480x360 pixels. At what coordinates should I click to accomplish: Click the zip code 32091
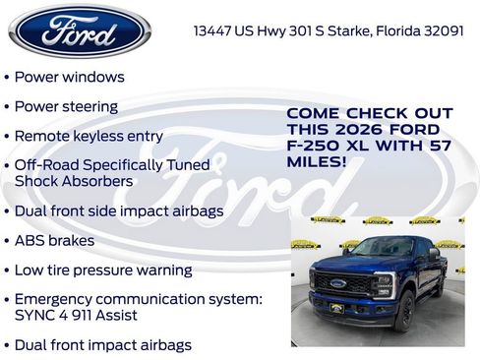pyautogui.click(x=442, y=30)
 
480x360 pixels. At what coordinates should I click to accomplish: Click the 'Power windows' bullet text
pyautogui.click(x=70, y=76)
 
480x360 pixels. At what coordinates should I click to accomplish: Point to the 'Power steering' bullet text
pyautogui.click(x=67, y=105)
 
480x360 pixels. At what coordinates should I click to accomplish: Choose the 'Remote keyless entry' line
pyautogui.click(x=89, y=135)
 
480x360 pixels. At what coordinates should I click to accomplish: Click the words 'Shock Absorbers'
pyautogui.click(x=73, y=181)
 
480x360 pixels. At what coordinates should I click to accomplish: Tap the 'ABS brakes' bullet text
pyautogui.click(x=55, y=240)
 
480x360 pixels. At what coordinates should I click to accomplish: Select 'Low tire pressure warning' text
pyautogui.click(x=103, y=270)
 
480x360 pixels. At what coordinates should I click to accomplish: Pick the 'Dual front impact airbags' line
pyautogui.click(x=103, y=345)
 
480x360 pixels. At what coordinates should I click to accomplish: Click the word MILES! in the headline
pyautogui.click(x=317, y=161)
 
